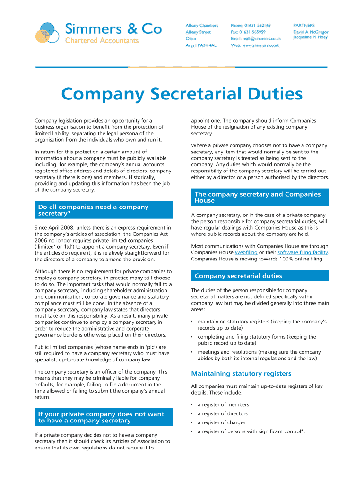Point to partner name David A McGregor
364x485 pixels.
click(x=311, y=32)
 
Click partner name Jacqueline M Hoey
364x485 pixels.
click(x=310, y=37)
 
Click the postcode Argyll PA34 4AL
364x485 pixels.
click(x=201, y=45)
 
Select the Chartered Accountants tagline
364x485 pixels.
click(x=102, y=41)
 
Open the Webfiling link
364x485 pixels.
click(x=246, y=252)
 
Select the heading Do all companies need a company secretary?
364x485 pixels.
click(x=93, y=210)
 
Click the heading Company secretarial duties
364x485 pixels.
click(x=238, y=276)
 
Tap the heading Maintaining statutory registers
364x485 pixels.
click(x=241, y=373)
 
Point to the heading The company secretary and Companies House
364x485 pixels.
click(x=258, y=198)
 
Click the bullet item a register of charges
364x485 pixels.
click(x=221, y=422)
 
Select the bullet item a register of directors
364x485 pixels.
click(x=222, y=413)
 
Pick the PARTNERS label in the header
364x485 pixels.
click(x=303, y=25)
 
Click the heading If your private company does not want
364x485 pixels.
click(x=101, y=414)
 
